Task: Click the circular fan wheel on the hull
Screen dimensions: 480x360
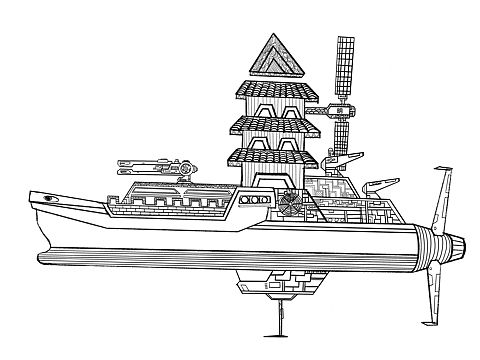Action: click(286, 202)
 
